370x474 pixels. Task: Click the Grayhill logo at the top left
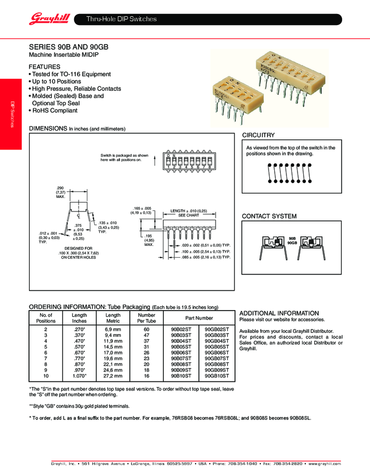[x=49, y=19]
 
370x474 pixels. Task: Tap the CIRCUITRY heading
[x=259, y=136]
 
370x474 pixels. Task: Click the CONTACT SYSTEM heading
[x=269, y=216]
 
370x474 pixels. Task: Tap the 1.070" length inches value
[x=79, y=376]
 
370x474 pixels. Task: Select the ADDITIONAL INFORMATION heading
[x=279, y=313]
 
